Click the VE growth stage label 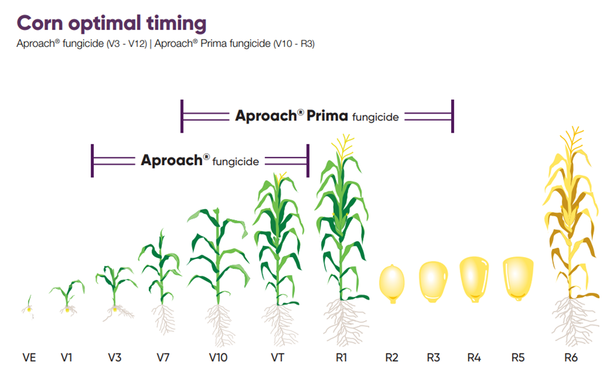(29, 358)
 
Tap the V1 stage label (67, 358)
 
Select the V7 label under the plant (163, 358)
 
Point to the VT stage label (278, 358)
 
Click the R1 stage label (341, 358)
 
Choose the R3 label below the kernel (434, 358)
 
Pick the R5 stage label (517, 358)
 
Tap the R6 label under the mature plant (571, 358)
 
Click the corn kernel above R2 (392, 283)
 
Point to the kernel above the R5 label (518, 277)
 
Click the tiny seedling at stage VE (29, 305)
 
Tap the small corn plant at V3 (114, 288)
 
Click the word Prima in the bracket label (328, 116)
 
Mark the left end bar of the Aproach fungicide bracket (92, 161)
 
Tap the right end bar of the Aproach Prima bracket (452, 116)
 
